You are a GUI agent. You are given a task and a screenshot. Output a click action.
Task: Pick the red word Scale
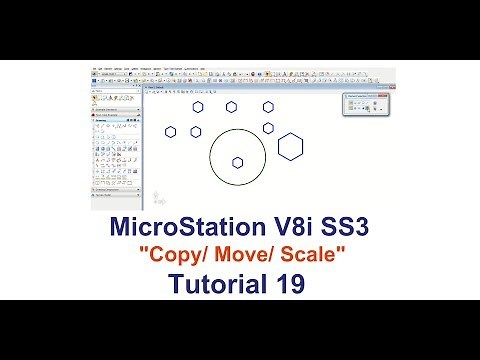click(309, 257)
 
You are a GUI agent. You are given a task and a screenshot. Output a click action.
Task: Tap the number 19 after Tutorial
click(283, 286)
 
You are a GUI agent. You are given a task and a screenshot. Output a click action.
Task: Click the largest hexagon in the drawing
click(291, 147)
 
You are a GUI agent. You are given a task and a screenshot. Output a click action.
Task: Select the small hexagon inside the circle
click(238, 162)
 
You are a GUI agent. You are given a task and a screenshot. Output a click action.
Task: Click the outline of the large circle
click(211, 157)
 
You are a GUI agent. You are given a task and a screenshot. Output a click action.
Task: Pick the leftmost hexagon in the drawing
click(171, 131)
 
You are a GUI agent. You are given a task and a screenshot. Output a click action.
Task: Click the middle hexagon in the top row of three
click(232, 107)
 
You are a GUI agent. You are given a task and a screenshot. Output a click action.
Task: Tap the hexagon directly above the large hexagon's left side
click(269, 128)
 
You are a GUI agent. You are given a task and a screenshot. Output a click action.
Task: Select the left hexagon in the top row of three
click(198, 107)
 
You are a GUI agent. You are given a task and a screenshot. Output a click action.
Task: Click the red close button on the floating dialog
click(386, 95)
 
